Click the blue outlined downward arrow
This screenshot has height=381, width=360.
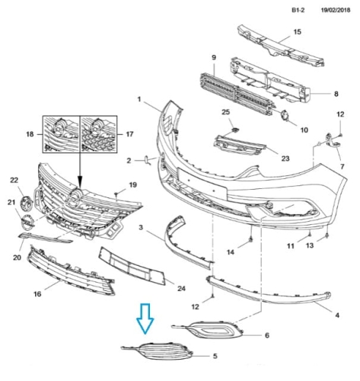coord(145,319)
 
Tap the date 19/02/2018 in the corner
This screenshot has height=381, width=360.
coord(336,10)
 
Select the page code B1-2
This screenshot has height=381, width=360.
coord(298,10)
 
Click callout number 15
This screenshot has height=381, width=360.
coord(298,32)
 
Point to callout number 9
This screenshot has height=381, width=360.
coord(214,57)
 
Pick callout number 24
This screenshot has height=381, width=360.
coord(181,289)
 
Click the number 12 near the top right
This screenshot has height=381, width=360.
coord(340,114)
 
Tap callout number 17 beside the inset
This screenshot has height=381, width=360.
coord(129,134)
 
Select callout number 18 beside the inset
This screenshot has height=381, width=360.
coord(30,134)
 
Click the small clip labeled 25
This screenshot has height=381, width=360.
coord(236,130)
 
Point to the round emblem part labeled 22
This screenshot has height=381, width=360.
coord(27,202)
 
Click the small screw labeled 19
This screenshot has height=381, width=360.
coord(116,195)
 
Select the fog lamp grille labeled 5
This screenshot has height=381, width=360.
coord(157,351)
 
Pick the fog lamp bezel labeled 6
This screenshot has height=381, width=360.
coord(208,330)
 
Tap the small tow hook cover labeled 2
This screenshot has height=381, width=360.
coord(148,160)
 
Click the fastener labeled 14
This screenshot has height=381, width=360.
coord(250,239)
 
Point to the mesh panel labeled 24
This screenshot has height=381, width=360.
coord(132,266)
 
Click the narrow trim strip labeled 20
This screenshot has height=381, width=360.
coord(45,238)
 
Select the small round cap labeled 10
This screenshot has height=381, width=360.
coord(285,116)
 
